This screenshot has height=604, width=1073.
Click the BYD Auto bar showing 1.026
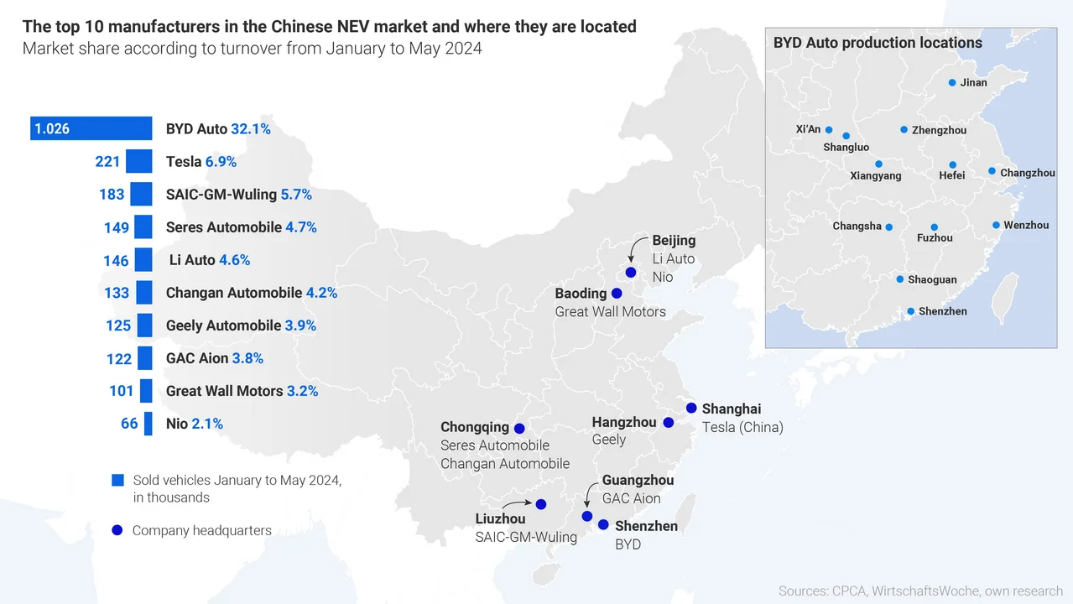click(91, 129)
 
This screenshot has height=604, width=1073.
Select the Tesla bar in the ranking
click(138, 162)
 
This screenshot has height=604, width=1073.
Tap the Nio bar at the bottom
click(148, 424)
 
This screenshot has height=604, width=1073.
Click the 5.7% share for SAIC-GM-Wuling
click(296, 195)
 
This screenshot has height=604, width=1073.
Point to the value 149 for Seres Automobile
click(117, 227)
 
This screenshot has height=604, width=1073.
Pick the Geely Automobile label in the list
click(223, 325)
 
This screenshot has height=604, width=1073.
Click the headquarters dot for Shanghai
click(691, 408)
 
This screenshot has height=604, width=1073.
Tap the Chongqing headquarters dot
click(519, 428)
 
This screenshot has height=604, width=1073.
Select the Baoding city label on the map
click(581, 294)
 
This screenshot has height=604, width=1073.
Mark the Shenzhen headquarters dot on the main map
click(603, 525)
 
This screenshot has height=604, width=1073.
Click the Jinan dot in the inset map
click(952, 83)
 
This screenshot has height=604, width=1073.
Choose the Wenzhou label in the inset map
click(1026, 226)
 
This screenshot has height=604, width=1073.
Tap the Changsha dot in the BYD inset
click(889, 227)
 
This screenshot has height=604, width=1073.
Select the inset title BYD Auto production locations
click(878, 43)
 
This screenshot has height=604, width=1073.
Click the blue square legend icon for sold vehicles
click(117, 481)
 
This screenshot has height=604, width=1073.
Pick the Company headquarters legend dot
click(117, 530)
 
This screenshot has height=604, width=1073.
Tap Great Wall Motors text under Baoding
click(610, 312)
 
